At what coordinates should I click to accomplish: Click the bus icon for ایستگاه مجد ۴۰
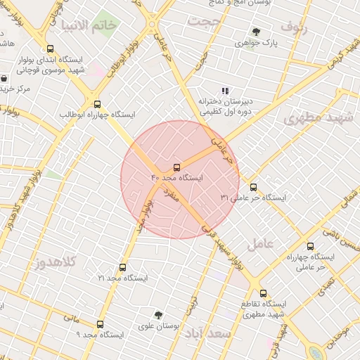[176, 168]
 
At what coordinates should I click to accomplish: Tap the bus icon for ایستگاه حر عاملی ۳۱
[253, 187]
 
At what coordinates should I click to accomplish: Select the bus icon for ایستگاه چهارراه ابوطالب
[97, 103]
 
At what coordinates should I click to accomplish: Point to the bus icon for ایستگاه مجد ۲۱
[123, 268]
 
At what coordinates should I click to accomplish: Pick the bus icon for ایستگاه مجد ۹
[100, 325]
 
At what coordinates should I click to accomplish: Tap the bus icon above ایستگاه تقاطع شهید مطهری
[263, 293]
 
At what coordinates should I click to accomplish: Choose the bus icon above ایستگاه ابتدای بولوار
[49, 49]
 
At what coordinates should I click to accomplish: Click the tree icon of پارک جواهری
[256, 32]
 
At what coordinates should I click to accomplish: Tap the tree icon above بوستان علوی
[158, 315]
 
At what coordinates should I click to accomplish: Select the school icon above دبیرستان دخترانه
[225, 90]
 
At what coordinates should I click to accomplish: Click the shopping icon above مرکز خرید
[5, 78]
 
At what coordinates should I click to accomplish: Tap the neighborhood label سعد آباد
[207, 333]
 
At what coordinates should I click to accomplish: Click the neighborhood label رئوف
[295, 27]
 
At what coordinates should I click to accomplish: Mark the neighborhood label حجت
[204, 22]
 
